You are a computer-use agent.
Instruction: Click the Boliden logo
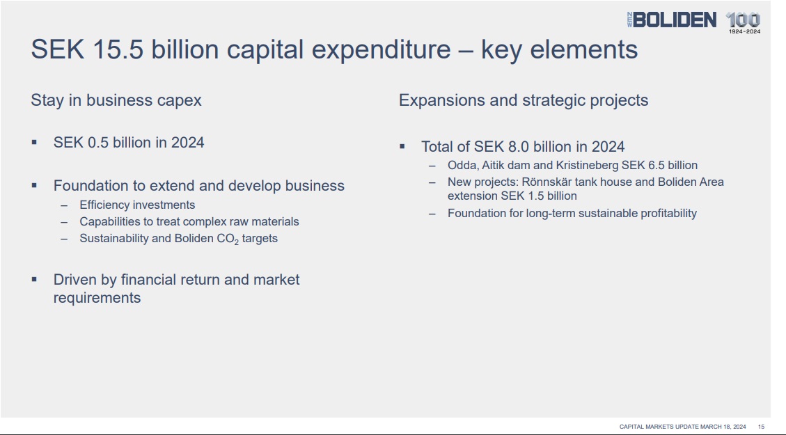click(x=672, y=20)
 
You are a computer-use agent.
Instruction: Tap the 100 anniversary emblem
click(x=744, y=23)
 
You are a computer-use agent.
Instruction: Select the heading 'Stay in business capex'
click(x=116, y=100)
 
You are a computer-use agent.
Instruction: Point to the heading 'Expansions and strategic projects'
click(x=524, y=100)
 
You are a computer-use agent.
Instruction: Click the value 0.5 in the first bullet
click(x=98, y=143)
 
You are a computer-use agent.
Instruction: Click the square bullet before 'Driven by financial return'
click(x=34, y=279)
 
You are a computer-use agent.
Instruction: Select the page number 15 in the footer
click(x=761, y=427)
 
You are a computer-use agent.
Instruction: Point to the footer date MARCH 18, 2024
click(x=723, y=427)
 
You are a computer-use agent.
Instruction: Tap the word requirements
click(x=97, y=298)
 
